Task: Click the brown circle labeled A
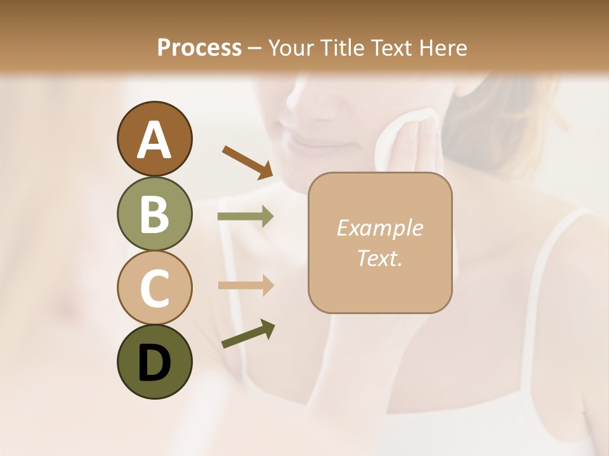(154, 139)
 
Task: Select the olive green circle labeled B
(154, 213)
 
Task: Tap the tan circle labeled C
(154, 288)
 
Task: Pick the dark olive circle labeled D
(154, 362)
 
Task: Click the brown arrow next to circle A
(247, 161)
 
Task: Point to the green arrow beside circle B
(246, 217)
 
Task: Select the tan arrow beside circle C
(246, 286)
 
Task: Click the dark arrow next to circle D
(248, 334)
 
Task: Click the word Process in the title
(199, 47)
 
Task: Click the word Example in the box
(379, 228)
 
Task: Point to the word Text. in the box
(379, 258)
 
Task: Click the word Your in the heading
(289, 47)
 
